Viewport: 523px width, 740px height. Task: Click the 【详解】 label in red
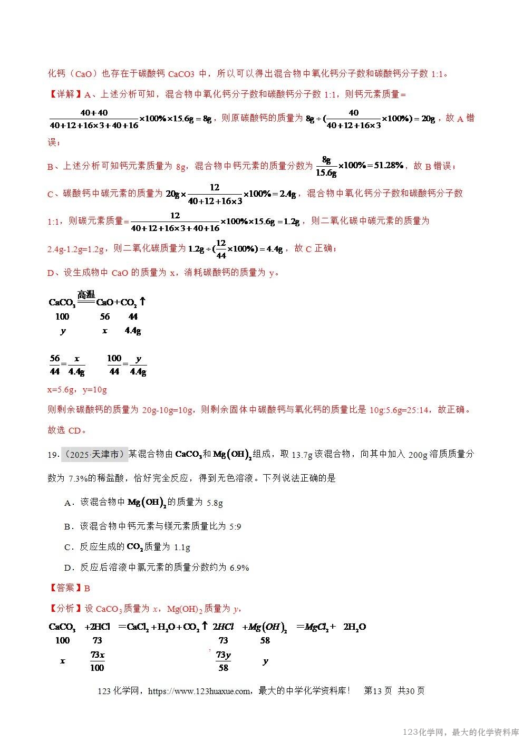click(65, 94)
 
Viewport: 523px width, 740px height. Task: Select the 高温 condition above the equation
click(86, 294)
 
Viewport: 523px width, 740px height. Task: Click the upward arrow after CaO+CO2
click(142, 302)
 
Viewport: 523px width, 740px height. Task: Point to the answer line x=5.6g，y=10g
click(77, 390)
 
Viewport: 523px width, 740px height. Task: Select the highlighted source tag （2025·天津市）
click(94, 454)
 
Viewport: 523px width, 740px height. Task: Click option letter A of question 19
click(67, 503)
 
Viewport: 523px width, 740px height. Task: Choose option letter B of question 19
click(67, 526)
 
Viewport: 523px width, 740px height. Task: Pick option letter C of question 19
click(67, 547)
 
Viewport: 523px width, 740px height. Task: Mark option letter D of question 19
click(67, 568)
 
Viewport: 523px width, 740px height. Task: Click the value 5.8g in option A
click(215, 503)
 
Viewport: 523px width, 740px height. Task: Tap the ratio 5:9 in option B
click(235, 526)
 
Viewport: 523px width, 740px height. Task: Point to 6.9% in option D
click(239, 568)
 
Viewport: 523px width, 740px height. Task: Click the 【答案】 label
click(65, 588)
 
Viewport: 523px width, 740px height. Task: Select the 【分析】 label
click(65, 609)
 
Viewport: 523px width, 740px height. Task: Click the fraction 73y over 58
click(224, 661)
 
